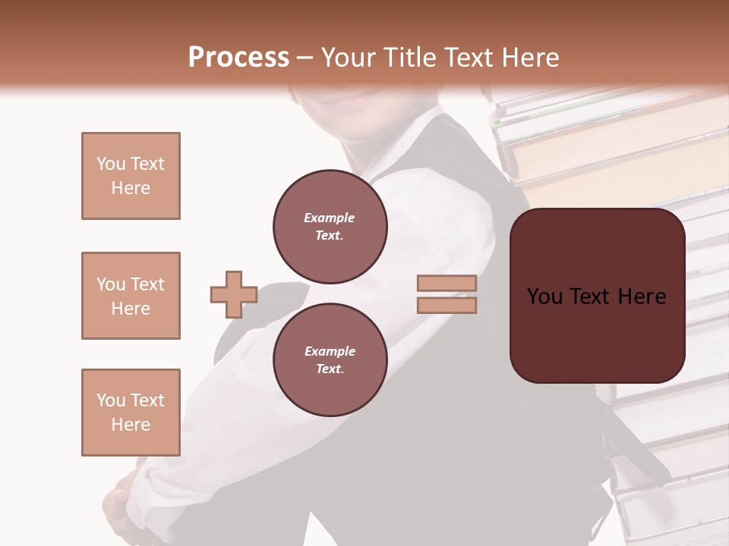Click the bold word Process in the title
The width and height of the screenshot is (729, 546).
point(238,58)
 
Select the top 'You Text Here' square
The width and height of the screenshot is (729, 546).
point(131,176)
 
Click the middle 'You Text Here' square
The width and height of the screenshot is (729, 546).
point(131,296)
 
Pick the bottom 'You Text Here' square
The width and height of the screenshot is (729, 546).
point(131,413)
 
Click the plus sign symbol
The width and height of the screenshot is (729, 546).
point(233,295)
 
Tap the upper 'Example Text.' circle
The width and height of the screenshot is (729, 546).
point(330,226)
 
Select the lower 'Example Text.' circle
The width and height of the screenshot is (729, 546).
point(330,359)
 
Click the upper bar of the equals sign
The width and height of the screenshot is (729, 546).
point(447,284)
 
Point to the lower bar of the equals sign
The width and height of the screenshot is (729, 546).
point(447,305)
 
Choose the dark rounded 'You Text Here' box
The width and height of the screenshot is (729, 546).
point(597,295)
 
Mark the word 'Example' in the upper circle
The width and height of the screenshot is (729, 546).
point(330,218)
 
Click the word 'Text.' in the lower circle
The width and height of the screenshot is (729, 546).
point(330,369)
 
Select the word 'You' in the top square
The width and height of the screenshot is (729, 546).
point(110,164)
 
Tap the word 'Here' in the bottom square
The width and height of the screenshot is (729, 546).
point(131,425)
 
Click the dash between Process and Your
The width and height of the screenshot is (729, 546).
point(305,58)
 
